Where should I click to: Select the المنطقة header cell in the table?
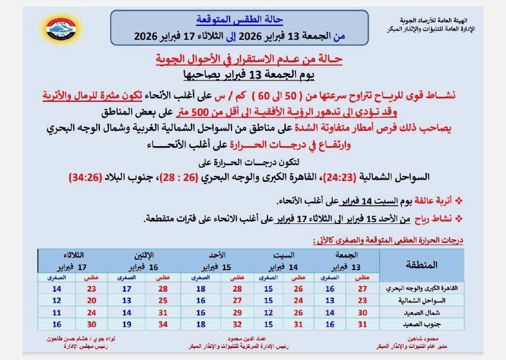click(x=421, y=264)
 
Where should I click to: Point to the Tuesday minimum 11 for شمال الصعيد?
click(x=56, y=312)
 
